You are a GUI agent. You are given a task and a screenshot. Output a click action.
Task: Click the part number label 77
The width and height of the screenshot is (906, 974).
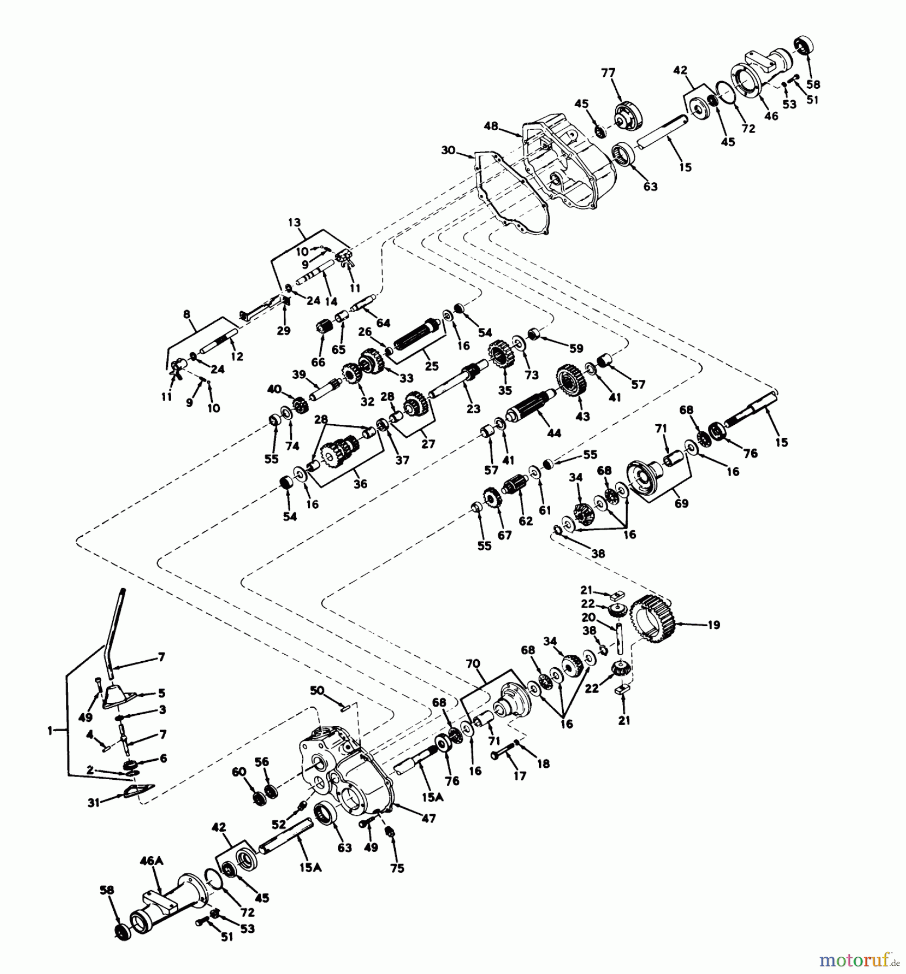point(609,73)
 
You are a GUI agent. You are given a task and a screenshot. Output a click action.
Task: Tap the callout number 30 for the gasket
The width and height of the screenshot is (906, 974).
point(448,150)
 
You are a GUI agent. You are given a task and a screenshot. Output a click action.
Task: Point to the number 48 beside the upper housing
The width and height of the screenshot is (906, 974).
point(491,126)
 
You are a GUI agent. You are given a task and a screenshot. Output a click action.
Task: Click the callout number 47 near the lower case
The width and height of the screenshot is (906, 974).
point(428,819)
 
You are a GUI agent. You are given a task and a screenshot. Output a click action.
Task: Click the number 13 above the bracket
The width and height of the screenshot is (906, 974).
point(294,222)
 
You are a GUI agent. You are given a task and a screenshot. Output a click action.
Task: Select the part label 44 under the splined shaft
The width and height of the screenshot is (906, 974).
point(554,433)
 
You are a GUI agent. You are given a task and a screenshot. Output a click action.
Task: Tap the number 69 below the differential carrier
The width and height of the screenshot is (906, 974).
point(681,503)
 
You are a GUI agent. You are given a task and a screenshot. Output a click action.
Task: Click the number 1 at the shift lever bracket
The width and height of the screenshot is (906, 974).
point(51,730)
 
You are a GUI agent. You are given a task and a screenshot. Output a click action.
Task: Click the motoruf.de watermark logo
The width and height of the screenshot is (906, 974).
point(858,959)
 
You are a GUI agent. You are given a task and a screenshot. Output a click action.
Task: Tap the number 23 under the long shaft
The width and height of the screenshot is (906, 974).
point(473,409)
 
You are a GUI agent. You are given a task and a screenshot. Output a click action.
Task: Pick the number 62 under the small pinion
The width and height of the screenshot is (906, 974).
point(525,521)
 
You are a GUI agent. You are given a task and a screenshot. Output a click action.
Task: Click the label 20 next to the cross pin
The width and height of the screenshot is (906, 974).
point(589,617)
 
